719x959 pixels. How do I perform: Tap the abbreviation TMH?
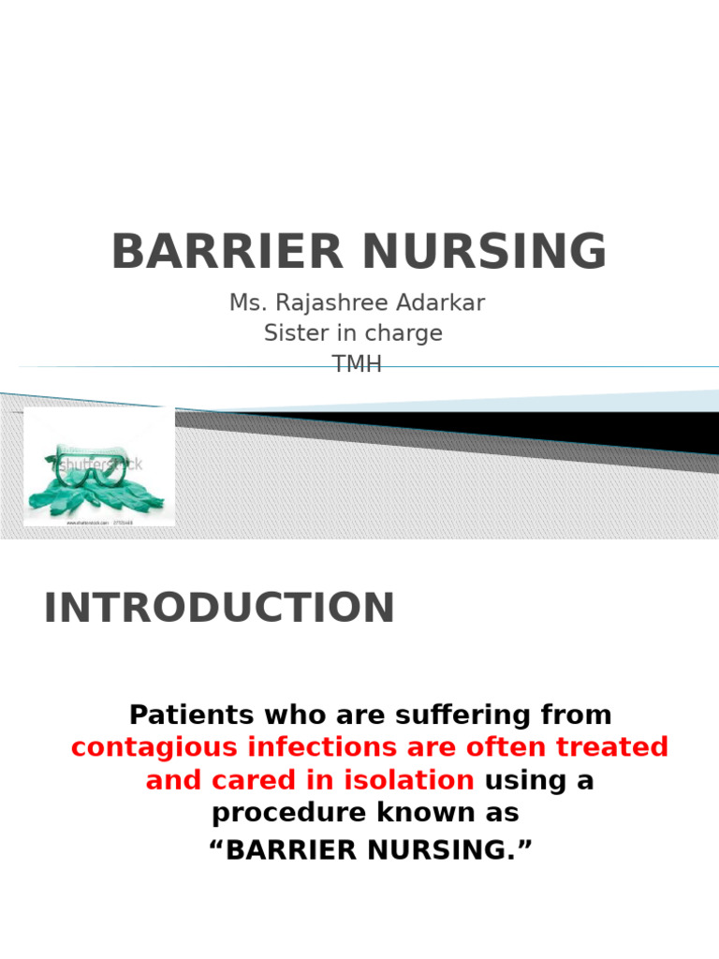(x=358, y=364)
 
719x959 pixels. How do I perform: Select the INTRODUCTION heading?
(x=219, y=608)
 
